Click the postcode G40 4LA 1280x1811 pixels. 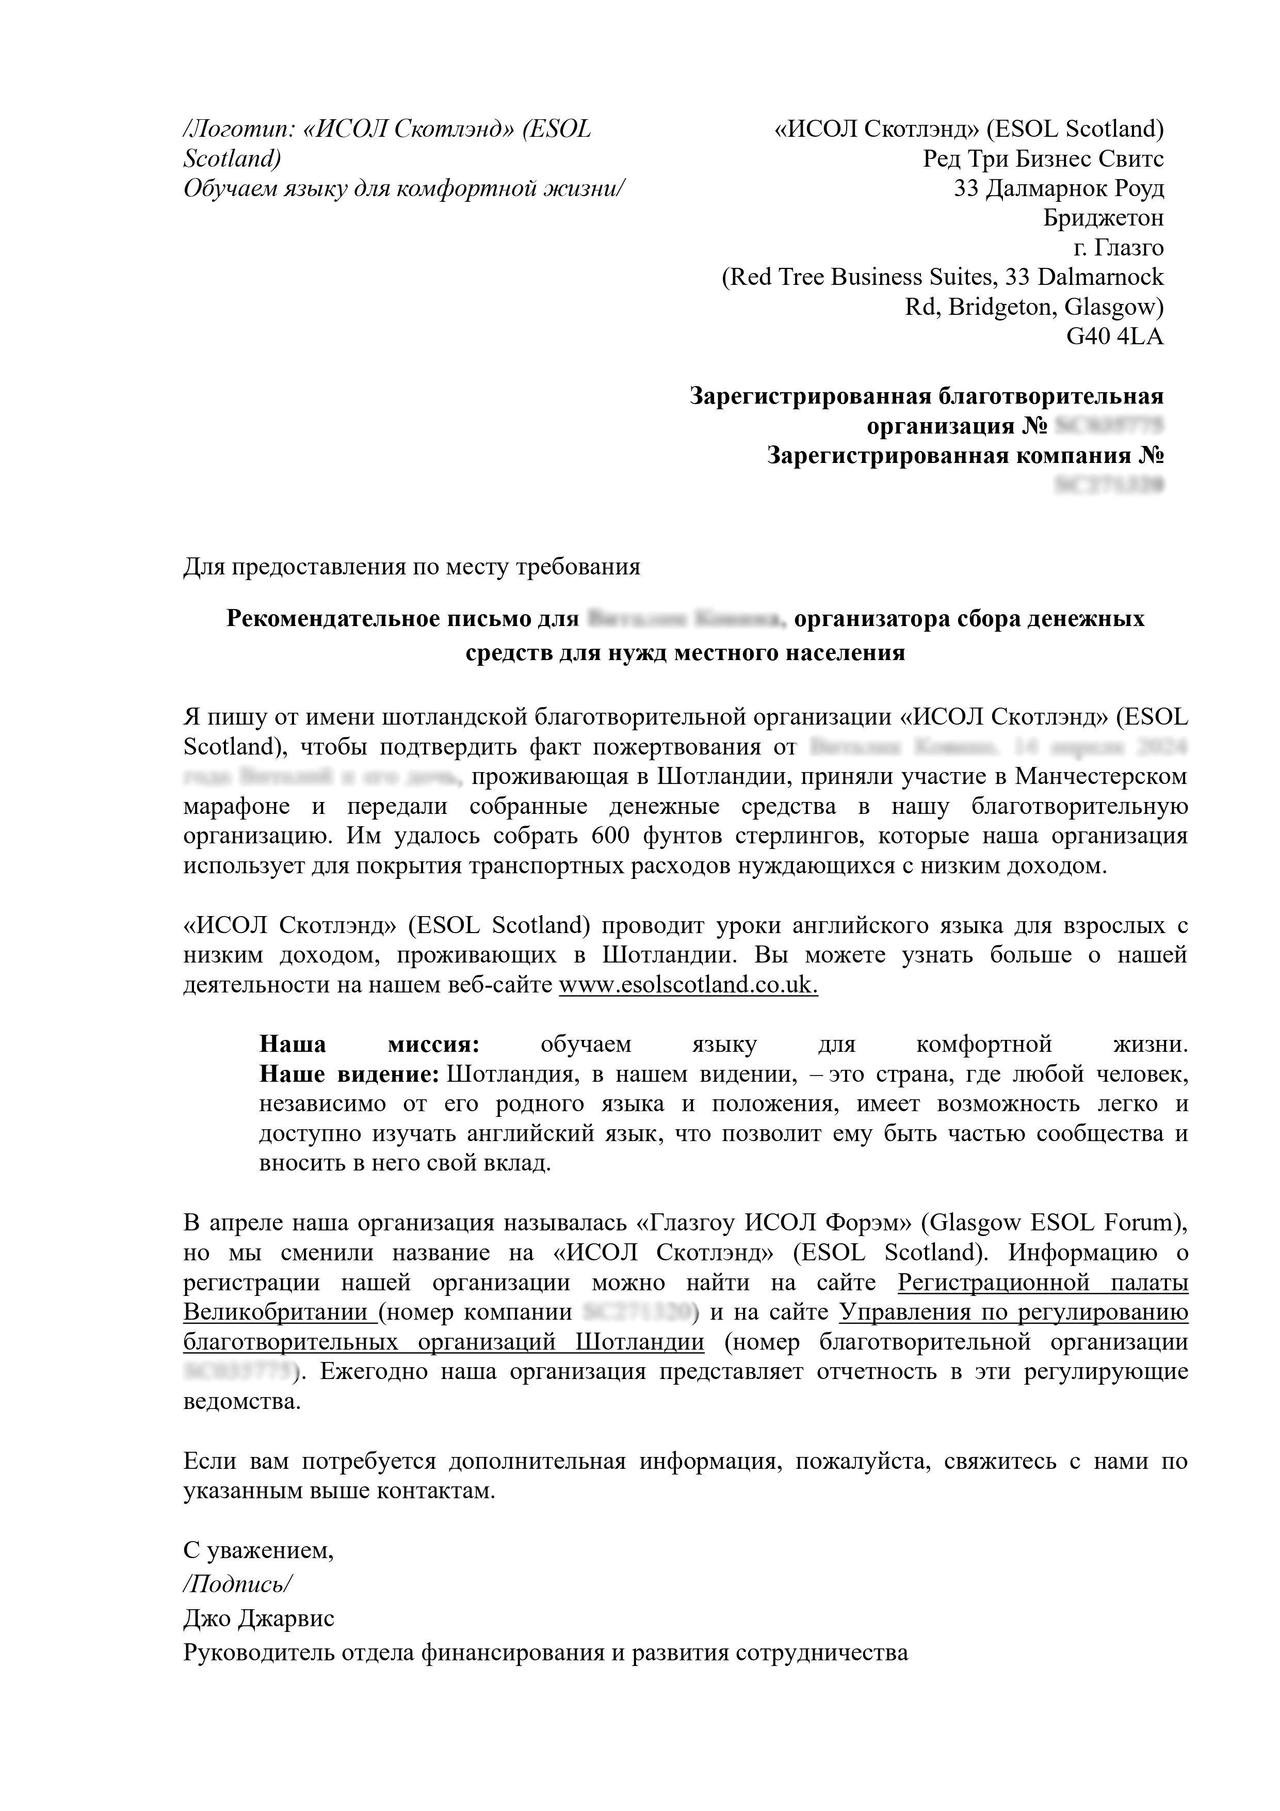1114,337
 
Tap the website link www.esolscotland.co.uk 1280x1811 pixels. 688,985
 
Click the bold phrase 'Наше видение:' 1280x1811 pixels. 349,1075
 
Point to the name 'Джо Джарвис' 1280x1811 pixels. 258,1618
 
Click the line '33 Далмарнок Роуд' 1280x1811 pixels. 1058,188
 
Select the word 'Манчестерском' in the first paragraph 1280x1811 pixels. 1101,777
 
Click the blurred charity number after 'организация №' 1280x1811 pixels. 1109,427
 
